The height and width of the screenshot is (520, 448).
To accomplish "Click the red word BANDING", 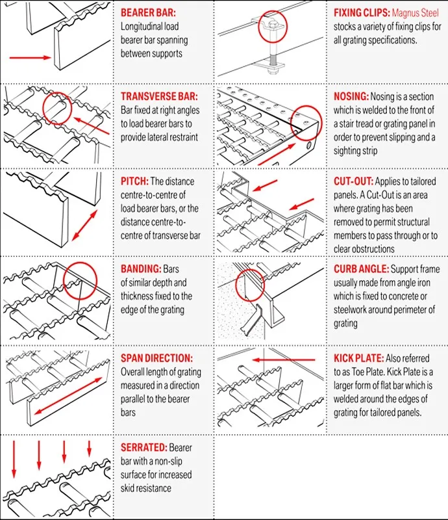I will pyautogui.click(x=141, y=268).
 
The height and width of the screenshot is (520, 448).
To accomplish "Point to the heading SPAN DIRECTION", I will pyautogui.click(x=156, y=357).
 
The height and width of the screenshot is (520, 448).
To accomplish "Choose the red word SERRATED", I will pyautogui.click(x=143, y=447).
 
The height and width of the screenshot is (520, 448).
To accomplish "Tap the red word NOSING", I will pyautogui.click(x=351, y=96).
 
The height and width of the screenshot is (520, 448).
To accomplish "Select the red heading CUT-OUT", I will pyautogui.click(x=353, y=181).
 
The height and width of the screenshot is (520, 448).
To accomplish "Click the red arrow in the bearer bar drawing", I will pyautogui.click(x=30, y=58).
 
